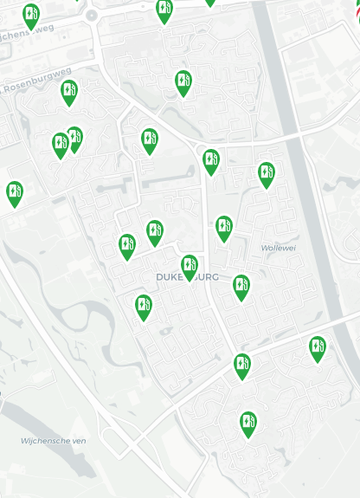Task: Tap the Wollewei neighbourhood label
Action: point(278,248)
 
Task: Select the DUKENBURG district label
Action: point(187,277)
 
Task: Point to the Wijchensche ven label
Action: point(54,441)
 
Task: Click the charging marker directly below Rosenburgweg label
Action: point(69,92)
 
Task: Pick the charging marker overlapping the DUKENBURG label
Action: point(190,267)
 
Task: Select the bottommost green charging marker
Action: point(248,424)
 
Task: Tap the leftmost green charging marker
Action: point(15,193)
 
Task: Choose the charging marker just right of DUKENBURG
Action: point(241,287)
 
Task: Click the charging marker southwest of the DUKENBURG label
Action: point(144,307)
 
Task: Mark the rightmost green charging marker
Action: point(318,348)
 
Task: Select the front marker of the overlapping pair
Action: point(60,145)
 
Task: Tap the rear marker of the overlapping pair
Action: point(75,137)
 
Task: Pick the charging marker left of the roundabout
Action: point(31,16)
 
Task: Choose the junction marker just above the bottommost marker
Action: point(242,365)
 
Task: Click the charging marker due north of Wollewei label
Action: point(267,174)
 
